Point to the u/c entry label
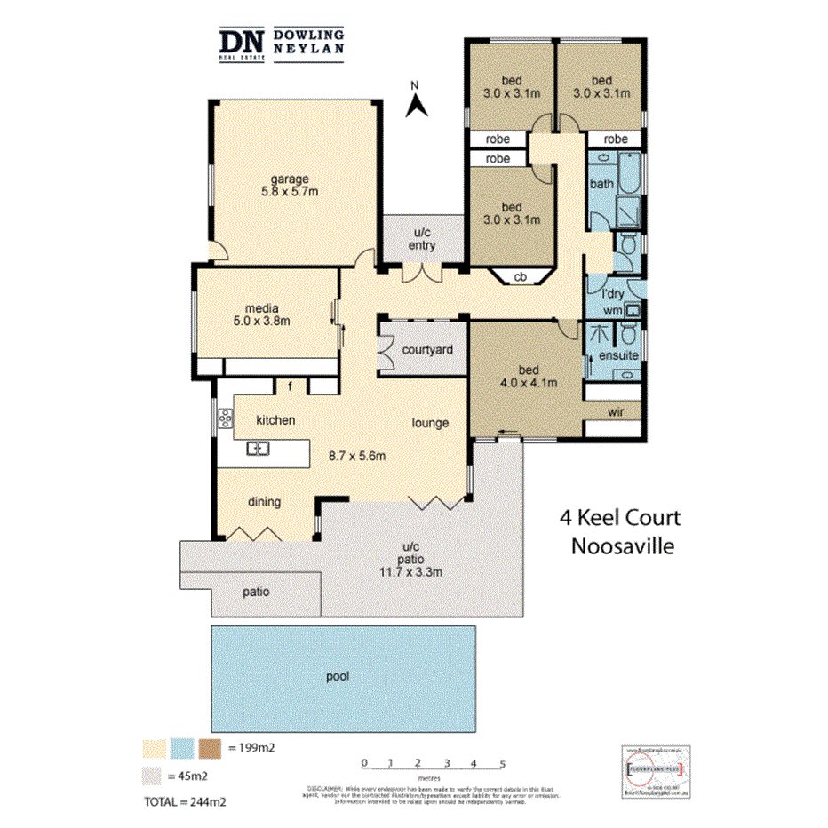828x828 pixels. coord(422,240)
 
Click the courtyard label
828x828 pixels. coord(427,350)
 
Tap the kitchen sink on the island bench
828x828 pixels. coord(258,448)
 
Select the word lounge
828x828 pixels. coord(430,423)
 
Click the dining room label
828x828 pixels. coord(264,502)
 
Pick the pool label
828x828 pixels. coord(338,676)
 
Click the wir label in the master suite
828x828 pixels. coord(615,412)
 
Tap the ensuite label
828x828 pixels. coord(618,356)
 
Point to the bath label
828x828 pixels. coord(602,184)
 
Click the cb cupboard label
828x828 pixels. coord(521,277)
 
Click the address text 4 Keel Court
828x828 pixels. coord(619,518)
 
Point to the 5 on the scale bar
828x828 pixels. coord(503,763)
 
